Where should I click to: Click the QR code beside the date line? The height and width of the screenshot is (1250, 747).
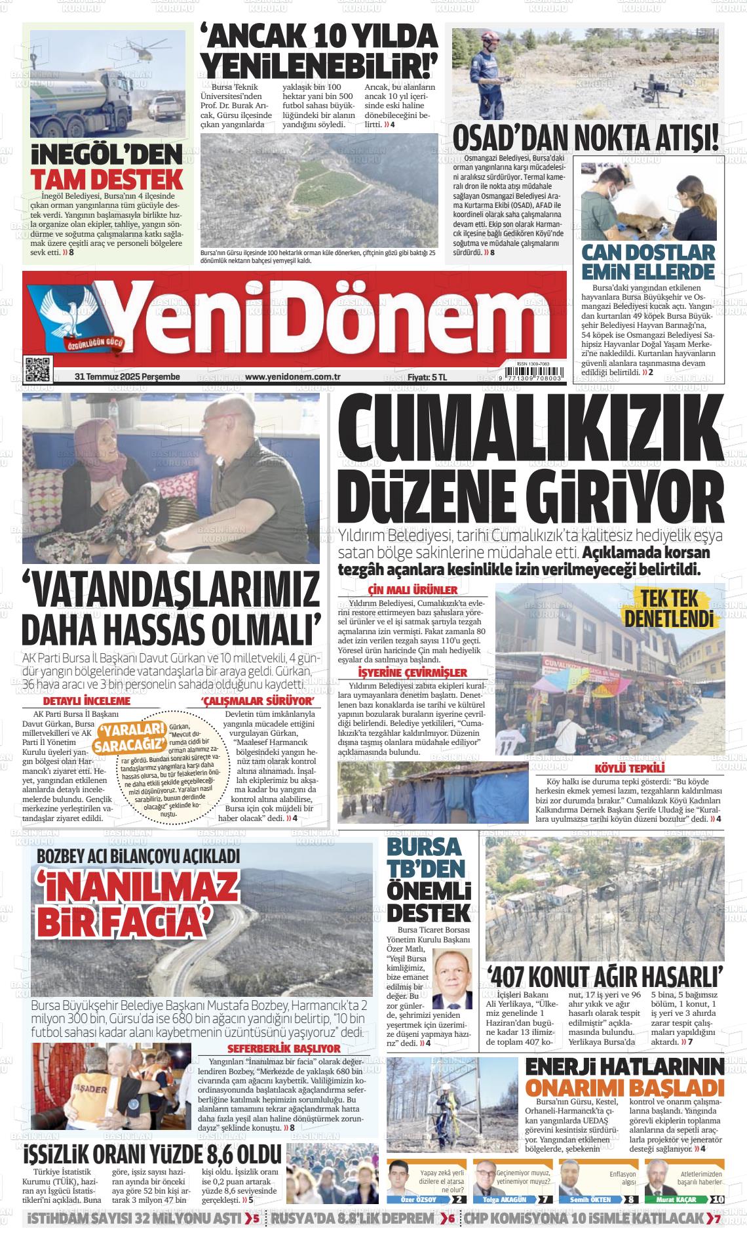tap(37, 369)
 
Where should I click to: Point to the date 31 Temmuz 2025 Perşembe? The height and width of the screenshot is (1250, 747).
tap(127, 377)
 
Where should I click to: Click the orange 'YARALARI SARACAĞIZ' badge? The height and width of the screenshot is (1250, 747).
tap(130, 738)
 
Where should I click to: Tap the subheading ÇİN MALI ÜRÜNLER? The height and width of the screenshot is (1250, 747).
tap(413, 590)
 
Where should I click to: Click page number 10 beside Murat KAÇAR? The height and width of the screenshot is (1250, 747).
tap(717, 1200)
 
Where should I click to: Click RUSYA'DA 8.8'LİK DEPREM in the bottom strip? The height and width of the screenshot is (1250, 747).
tap(353, 1219)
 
